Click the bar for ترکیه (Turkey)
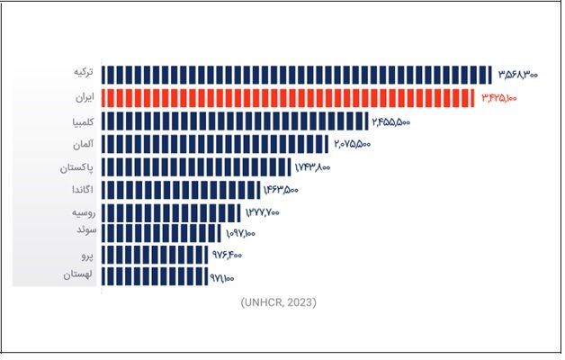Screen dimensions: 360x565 297,74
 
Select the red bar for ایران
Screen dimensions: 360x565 288,97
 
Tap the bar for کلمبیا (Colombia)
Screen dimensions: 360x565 235,121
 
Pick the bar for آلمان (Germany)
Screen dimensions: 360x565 215,144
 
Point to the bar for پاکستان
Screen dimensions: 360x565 195,167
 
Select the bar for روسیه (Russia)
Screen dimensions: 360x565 171,212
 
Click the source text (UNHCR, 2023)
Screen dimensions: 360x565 279,302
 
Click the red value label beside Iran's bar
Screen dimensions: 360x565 499,97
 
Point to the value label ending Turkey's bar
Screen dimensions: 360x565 517,74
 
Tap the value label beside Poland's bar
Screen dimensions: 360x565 221,276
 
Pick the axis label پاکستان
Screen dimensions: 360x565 76,167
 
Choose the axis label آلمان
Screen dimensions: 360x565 80,144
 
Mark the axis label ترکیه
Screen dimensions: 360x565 82,71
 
